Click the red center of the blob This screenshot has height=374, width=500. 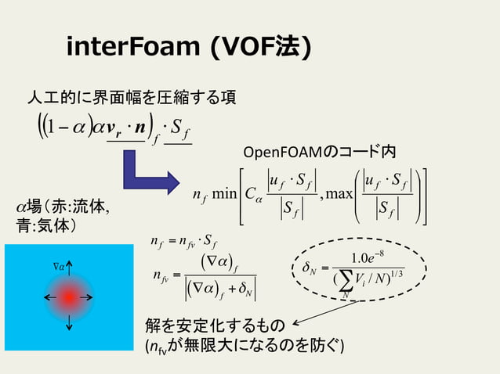tap(69, 297)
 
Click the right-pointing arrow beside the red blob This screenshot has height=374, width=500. tap(94, 297)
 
